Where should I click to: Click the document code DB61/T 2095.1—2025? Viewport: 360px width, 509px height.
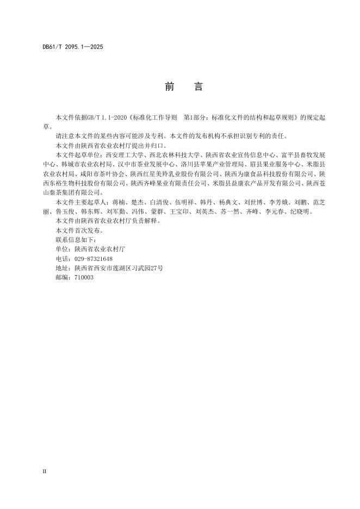72,47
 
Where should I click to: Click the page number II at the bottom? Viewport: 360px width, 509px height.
45,471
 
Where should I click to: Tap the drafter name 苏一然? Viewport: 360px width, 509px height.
228,211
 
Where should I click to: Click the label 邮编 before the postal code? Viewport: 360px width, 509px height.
62,277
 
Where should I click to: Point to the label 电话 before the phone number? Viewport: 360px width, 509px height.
62,259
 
